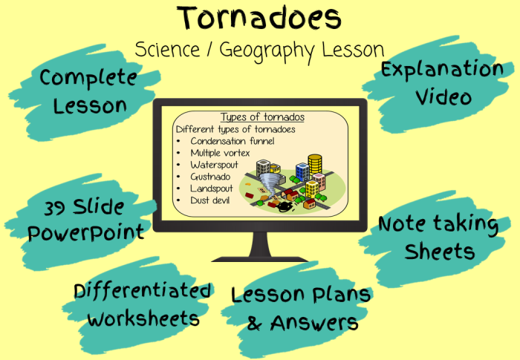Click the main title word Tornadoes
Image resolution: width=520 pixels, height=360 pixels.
pos(259,17)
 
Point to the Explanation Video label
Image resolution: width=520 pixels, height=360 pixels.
pos(441,82)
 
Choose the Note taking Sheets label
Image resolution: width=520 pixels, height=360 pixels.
pos(438,238)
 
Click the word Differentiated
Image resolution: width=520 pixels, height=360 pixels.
pos(143,292)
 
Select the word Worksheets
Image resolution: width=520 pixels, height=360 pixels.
pos(143,318)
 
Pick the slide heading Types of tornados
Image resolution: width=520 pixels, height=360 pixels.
pos(262,117)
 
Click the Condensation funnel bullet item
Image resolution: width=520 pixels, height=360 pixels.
pos(232,141)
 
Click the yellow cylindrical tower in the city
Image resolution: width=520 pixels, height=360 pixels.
pos(315,165)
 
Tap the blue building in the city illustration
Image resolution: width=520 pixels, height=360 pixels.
pos(301,172)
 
